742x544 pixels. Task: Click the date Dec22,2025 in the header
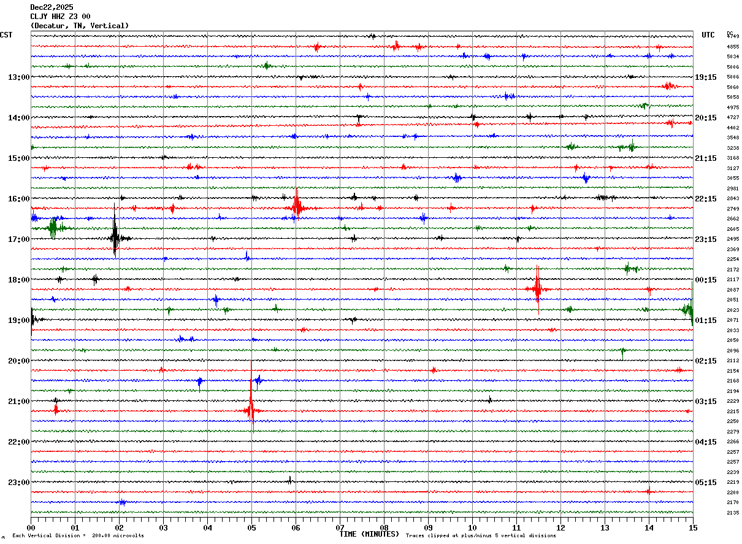tap(52, 7)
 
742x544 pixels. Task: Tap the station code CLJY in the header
tap(39, 17)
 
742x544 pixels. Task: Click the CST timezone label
tap(6, 35)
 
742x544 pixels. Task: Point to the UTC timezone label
tap(708, 35)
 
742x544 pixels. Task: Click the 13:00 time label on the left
tap(18, 77)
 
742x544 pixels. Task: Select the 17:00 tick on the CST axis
tap(18, 239)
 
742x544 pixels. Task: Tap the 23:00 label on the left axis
tap(18, 482)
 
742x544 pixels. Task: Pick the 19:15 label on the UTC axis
tap(706, 77)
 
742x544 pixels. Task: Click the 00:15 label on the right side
tap(706, 280)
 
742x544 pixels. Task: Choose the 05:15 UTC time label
tap(706, 482)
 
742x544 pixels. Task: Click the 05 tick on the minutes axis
tap(251, 527)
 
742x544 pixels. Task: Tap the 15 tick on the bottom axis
tap(692, 527)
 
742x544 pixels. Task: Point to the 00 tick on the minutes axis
tap(31, 527)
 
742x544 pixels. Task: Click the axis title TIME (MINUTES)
tap(369, 534)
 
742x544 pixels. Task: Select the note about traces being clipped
tap(481, 536)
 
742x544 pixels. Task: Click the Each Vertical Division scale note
tap(78, 536)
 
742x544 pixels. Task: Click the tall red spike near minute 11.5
tap(538, 289)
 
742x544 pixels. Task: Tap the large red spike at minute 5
tap(251, 408)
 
